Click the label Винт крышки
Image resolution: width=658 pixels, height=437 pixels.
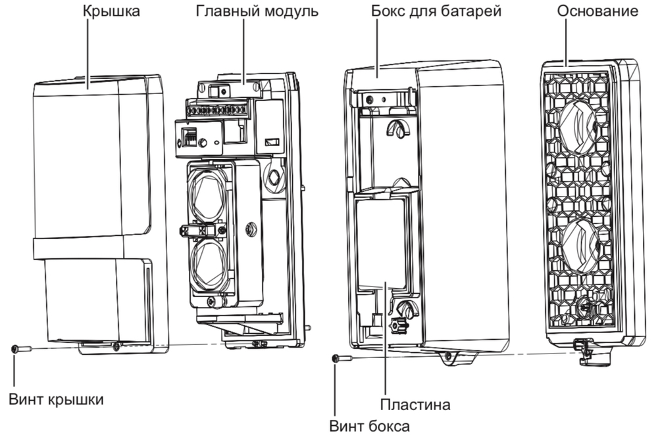click(x=57, y=399)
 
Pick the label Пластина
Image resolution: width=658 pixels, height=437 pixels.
click(x=415, y=403)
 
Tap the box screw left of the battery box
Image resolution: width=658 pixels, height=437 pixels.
click(x=340, y=358)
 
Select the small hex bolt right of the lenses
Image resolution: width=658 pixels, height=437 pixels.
click(x=251, y=230)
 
